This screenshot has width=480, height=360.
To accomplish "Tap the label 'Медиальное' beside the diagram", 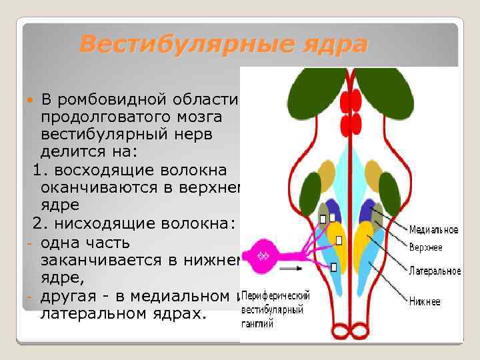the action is (x=433, y=230).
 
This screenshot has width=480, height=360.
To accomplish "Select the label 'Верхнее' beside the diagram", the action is (x=425, y=247).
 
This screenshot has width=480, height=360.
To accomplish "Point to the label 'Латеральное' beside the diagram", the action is (x=435, y=271).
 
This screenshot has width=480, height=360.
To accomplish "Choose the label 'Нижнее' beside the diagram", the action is (x=424, y=301).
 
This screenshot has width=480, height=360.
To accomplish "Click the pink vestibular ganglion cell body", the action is (x=264, y=255).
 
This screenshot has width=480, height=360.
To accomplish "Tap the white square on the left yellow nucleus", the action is (x=339, y=240).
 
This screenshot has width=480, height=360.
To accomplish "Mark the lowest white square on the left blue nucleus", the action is (x=333, y=267).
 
